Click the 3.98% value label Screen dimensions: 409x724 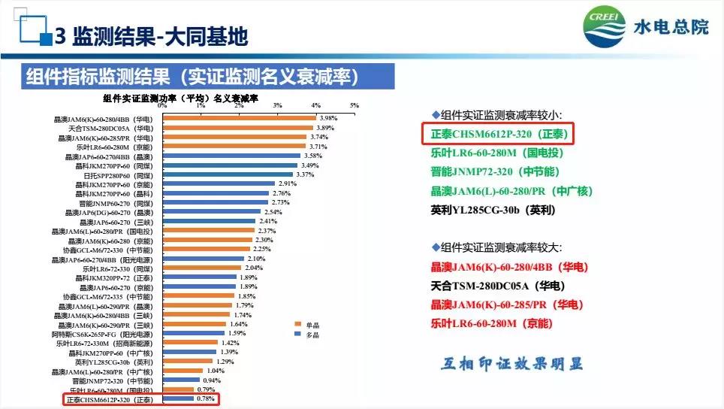(x=328, y=118)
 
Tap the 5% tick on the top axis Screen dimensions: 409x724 (x=354, y=105)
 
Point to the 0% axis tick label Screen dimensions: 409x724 (x=162, y=105)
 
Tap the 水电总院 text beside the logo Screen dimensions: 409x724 (x=680, y=29)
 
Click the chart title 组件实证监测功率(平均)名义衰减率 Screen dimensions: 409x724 (x=180, y=98)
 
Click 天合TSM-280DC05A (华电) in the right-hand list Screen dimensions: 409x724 (x=497, y=286)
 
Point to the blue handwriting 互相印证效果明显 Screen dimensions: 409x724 (x=511, y=365)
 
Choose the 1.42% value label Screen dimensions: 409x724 (x=230, y=343)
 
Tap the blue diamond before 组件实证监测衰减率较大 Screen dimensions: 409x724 (x=435, y=247)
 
